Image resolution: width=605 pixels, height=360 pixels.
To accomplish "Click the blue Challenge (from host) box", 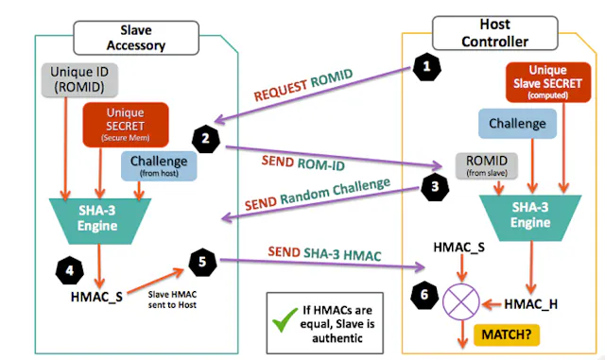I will click(158, 165).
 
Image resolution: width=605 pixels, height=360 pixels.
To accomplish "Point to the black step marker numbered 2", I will click(204, 138).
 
